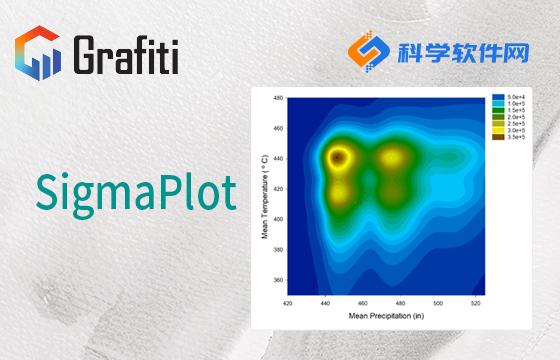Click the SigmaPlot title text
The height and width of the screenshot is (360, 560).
(135, 190)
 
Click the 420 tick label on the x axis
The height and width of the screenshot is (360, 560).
(289, 303)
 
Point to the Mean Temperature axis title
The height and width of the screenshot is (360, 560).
(263, 195)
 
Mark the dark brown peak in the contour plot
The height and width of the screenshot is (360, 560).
(340, 157)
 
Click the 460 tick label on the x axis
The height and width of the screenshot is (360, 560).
(364, 303)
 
